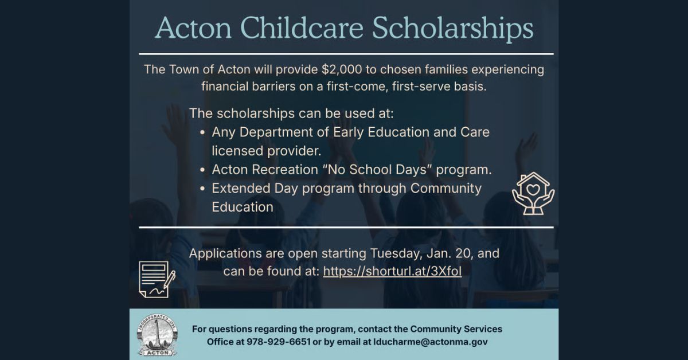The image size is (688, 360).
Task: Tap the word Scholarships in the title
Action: click(453, 29)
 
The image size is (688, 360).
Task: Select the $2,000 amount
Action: click(342, 69)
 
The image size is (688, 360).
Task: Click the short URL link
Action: click(392, 271)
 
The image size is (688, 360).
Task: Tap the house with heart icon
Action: click(533, 194)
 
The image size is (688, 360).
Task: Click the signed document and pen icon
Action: click(157, 279)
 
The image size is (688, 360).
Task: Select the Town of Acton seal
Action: click(157, 335)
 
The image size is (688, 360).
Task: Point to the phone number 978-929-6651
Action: click(279, 342)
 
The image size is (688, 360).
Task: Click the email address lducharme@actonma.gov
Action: click(431, 342)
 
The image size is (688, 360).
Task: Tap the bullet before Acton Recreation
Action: click(202, 170)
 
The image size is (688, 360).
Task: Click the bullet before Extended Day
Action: click(202, 189)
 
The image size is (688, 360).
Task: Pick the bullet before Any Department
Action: click(202, 132)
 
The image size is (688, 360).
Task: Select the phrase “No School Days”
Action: click(377, 170)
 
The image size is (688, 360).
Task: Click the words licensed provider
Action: click(266, 151)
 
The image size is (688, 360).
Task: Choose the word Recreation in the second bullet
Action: click(285, 170)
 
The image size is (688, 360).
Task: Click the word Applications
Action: click(225, 254)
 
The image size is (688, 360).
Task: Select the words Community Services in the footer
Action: click(456, 329)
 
